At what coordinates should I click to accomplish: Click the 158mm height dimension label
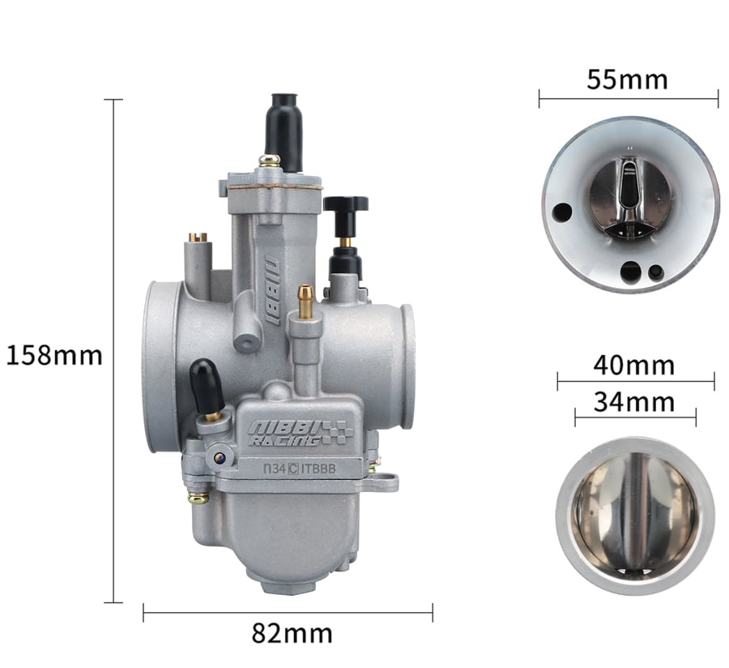[x=54, y=355]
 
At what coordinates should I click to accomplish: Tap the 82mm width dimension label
[x=292, y=634]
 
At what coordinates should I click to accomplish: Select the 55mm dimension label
[x=627, y=79]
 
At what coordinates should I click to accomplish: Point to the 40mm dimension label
[x=634, y=365]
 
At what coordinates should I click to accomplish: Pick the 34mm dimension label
[x=634, y=402]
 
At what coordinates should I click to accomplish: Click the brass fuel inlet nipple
[x=305, y=302]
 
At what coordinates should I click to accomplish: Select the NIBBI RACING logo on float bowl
[x=301, y=434]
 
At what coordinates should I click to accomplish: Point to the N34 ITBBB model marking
[x=300, y=469]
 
